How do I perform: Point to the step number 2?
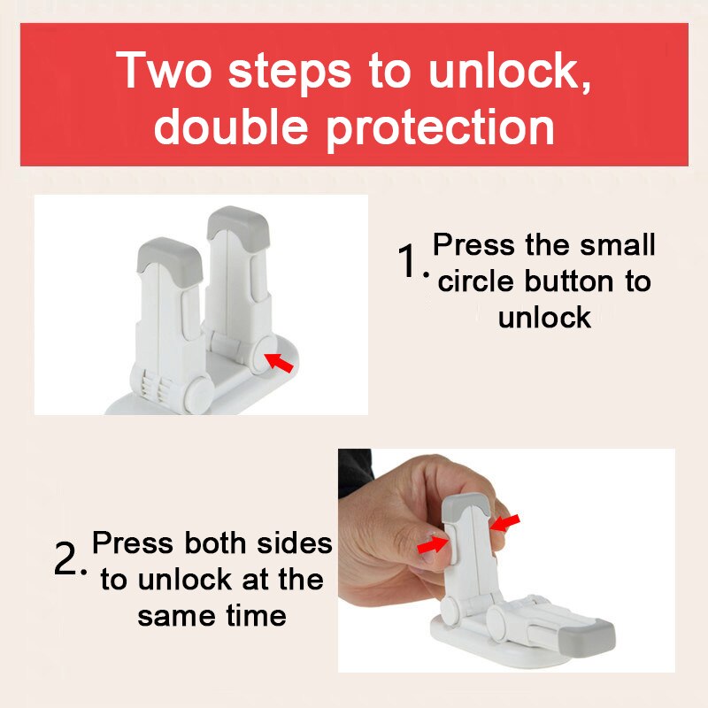(67, 560)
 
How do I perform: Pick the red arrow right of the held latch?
(505, 524)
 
